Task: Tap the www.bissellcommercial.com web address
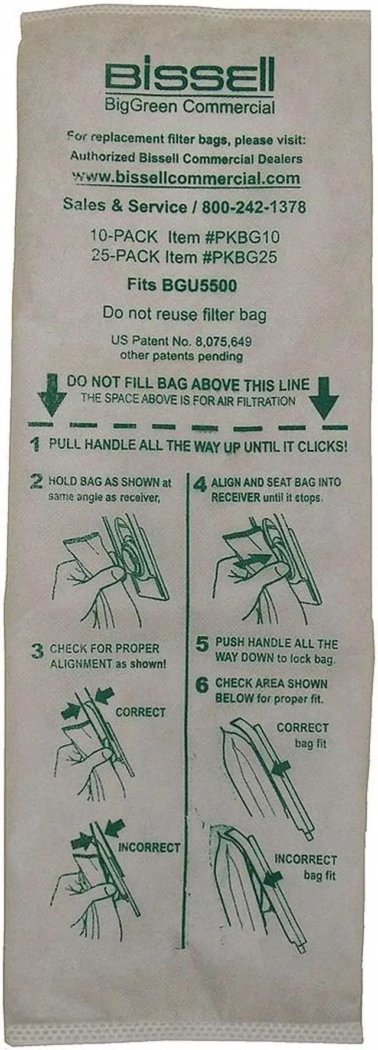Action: (x=186, y=178)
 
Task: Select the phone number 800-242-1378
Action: (x=254, y=207)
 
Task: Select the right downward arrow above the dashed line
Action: (x=324, y=398)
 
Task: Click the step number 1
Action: (x=36, y=444)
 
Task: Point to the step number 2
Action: (x=37, y=481)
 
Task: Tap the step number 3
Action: (x=38, y=650)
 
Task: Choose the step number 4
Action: (x=201, y=485)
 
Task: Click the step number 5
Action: (x=202, y=645)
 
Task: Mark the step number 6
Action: (x=202, y=685)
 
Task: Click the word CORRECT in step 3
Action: (x=141, y=712)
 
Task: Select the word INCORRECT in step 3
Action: (x=149, y=847)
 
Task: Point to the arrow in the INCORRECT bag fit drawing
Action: (x=273, y=879)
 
